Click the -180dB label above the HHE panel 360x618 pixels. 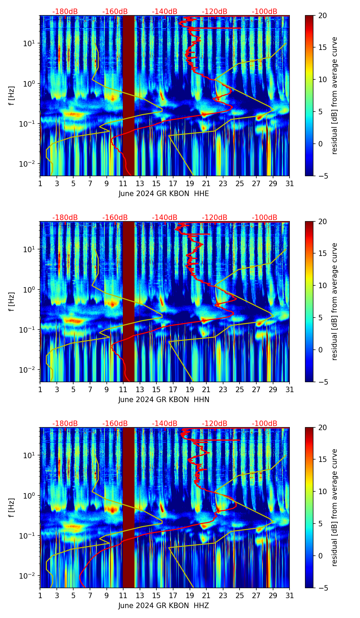[65, 12]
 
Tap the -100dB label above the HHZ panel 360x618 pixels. [265, 424]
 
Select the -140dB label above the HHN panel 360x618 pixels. [165, 218]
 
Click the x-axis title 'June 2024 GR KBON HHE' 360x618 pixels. [164, 194]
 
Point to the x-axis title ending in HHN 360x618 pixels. [164, 400]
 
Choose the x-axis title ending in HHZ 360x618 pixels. [164, 606]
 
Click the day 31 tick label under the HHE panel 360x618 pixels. [290, 184]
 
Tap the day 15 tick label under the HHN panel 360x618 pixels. [156, 390]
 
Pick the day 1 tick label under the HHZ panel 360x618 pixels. [40, 596]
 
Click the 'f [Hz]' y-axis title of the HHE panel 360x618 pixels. [12, 95]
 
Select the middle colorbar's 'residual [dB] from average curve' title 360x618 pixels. [335, 301]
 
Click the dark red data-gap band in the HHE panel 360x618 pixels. [129, 96]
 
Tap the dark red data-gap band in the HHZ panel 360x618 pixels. [129, 508]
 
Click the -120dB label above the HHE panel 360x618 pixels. [215, 12]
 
